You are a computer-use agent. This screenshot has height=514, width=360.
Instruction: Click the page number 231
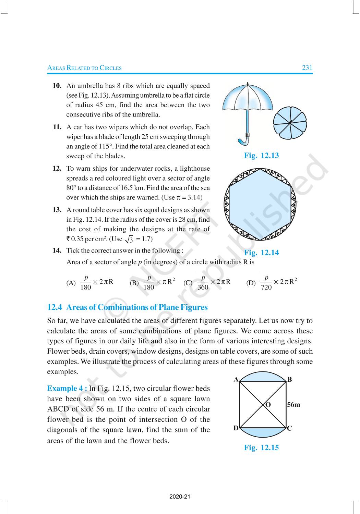pyautogui.click(x=307, y=68)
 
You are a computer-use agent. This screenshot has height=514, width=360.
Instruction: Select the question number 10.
pyautogui.click(x=57, y=86)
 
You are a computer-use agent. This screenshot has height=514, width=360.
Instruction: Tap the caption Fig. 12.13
pyautogui.click(x=261, y=156)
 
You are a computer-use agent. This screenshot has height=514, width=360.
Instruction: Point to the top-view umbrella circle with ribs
pyautogui.click(x=290, y=122)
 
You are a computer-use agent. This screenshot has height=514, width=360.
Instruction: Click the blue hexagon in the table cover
pyautogui.click(x=260, y=204)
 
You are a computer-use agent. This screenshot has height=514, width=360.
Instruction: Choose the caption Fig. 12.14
pyautogui.click(x=261, y=253)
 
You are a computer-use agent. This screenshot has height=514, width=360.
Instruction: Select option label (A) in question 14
pyautogui.click(x=71, y=283)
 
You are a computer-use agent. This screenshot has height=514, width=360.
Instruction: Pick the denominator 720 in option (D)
pyautogui.click(x=266, y=287)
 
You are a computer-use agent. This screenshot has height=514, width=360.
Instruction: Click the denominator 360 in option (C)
pyautogui.click(x=203, y=287)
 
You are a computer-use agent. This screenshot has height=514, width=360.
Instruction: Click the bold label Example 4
pyautogui.click(x=67, y=389)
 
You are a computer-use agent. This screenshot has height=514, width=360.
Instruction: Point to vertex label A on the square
pyautogui.click(x=236, y=379)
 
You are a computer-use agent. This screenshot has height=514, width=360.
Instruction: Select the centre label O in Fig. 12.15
pyautogui.click(x=268, y=405)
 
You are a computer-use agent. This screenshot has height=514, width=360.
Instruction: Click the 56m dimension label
pyautogui.click(x=293, y=405)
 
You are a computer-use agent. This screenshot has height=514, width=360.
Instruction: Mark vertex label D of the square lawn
pyautogui.click(x=236, y=428)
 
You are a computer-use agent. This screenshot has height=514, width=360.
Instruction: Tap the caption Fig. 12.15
pyautogui.click(x=261, y=448)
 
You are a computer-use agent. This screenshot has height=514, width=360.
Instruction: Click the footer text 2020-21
pyautogui.click(x=180, y=497)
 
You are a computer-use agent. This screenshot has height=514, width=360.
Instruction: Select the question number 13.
pyautogui.click(x=57, y=210)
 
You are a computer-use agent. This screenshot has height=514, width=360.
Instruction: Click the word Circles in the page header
pyautogui.click(x=110, y=68)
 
